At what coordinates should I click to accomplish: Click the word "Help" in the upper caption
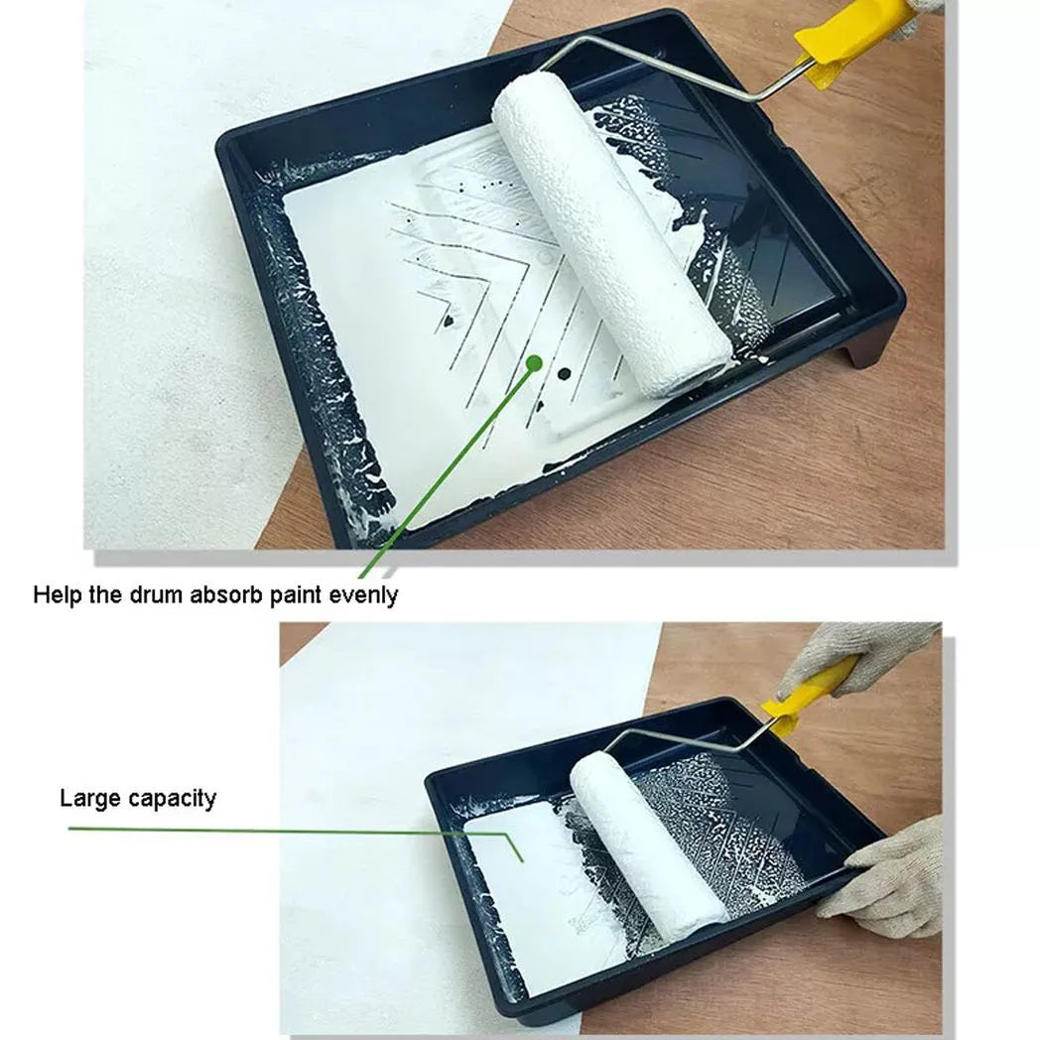(x=58, y=594)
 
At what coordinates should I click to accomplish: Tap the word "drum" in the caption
(x=157, y=594)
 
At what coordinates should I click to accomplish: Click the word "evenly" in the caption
(x=363, y=595)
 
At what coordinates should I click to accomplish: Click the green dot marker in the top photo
(x=534, y=363)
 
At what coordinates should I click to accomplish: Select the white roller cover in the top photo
(x=610, y=232)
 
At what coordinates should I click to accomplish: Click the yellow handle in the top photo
(x=855, y=40)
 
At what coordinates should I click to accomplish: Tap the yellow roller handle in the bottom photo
(x=806, y=693)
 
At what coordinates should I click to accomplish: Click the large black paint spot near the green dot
(x=565, y=374)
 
